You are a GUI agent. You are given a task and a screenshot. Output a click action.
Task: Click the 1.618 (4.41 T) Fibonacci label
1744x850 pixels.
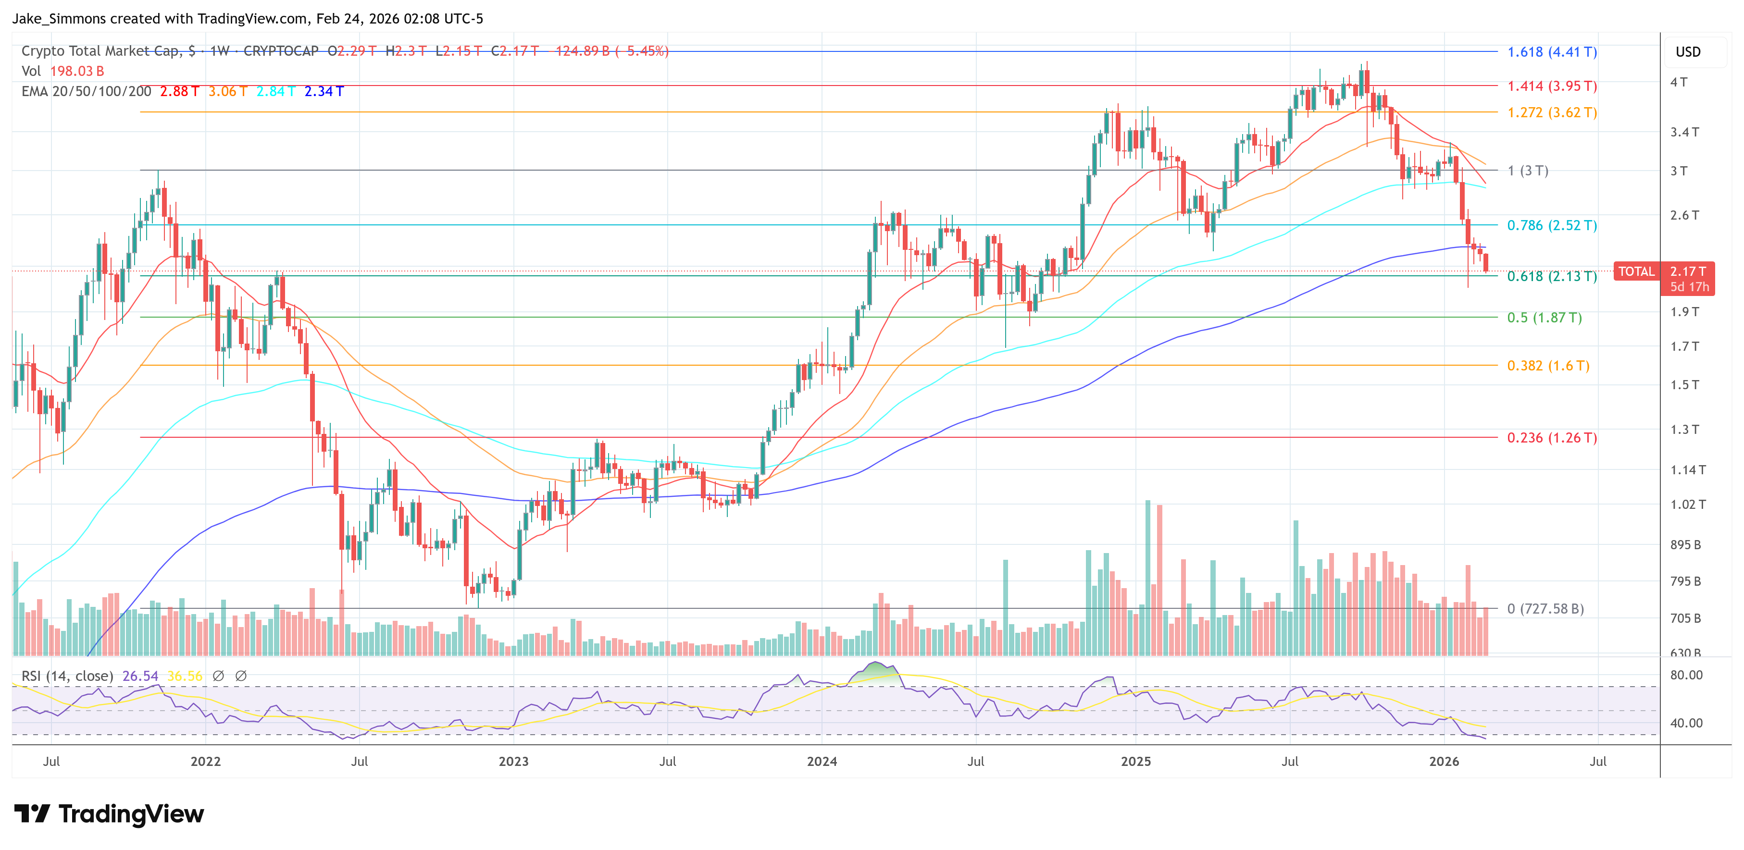(x=1552, y=52)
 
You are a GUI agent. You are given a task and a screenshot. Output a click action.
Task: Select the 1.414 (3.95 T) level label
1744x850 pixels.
(x=1552, y=86)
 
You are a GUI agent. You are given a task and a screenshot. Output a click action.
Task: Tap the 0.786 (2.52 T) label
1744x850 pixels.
(x=1552, y=225)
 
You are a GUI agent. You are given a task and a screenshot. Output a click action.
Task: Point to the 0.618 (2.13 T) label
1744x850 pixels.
(x=1552, y=276)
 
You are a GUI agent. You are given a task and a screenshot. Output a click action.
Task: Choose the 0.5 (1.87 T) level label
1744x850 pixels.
(x=1545, y=318)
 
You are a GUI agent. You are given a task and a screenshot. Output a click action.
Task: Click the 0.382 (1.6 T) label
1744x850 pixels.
(x=1548, y=366)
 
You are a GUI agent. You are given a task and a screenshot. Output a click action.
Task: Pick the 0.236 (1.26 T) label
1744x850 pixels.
(x=1552, y=438)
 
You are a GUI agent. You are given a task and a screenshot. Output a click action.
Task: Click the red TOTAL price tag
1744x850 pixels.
(x=1636, y=272)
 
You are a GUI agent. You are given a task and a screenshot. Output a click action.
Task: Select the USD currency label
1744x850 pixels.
(x=1687, y=52)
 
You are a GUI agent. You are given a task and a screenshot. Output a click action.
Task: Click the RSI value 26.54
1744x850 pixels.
(x=140, y=676)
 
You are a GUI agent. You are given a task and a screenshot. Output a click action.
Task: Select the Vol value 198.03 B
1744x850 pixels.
(x=76, y=71)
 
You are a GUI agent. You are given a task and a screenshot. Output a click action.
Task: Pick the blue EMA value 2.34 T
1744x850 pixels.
(x=324, y=91)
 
